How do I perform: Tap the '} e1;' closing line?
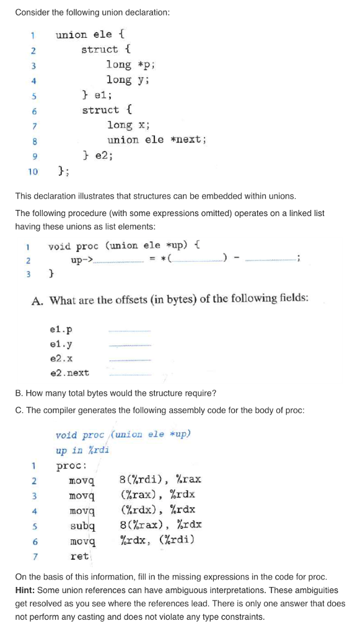[96, 95]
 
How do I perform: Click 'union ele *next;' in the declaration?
[156, 140]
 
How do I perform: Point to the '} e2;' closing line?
[97, 155]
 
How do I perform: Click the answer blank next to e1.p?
[130, 329]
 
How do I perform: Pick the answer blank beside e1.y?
[130, 344]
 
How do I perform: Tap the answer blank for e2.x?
[130, 358]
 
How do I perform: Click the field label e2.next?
[69, 373]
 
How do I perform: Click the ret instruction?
[79, 556]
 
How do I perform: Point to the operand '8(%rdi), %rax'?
[160, 480]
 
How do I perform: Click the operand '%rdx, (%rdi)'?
[157, 541]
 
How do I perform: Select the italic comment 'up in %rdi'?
[82, 450]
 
